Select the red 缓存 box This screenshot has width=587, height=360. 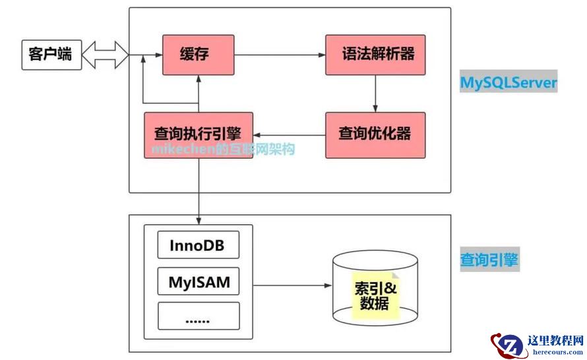[x=198, y=54]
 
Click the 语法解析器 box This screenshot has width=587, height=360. [x=375, y=54]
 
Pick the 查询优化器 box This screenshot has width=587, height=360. [x=375, y=135]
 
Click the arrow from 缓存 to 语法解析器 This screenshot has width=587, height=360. [x=280, y=54]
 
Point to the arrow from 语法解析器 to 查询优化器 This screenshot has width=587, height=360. [x=375, y=93]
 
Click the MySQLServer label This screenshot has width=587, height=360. [x=509, y=84]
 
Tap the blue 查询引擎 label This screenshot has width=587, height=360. [x=489, y=260]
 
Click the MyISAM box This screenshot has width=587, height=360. [x=198, y=283]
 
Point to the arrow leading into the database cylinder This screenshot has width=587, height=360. [x=290, y=285]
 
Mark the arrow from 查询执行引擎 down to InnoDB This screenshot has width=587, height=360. [x=199, y=191]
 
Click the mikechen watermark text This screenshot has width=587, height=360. [x=222, y=150]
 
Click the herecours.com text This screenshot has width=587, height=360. [x=556, y=352]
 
